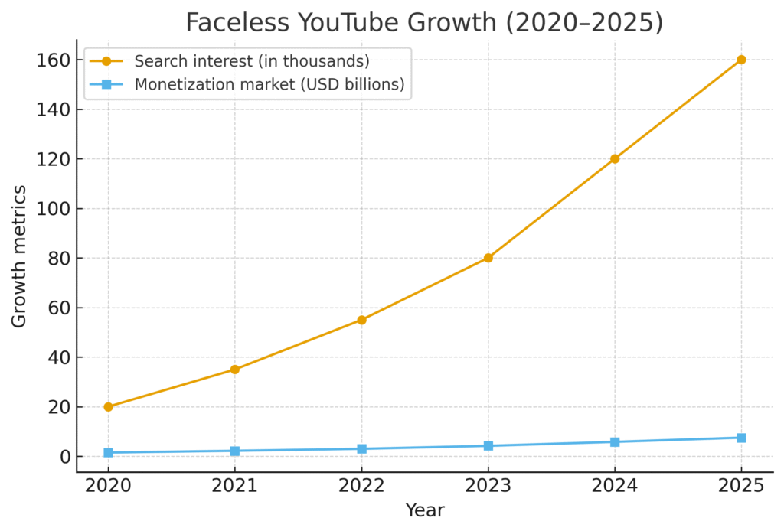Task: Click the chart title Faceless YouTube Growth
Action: pyautogui.click(x=424, y=22)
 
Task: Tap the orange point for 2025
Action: pyautogui.click(x=741, y=60)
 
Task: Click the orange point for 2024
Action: pyautogui.click(x=615, y=159)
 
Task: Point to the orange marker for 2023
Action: pyautogui.click(x=488, y=258)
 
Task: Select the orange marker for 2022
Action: pyautogui.click(x=361, y=320)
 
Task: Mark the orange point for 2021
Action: pyautogui.click(x=235, y=370)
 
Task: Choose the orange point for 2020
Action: pyautogui.click(x=108, y=407)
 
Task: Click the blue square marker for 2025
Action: pyautogui.click(x=741, y=438)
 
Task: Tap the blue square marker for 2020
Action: pyautogui.click(x=108, y=453)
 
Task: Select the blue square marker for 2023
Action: pyautogui.click(x=488, y=446)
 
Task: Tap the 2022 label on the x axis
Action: pyautogui.click(x=361, y=485)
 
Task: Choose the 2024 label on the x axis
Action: pyautogui.click(x=615, y=485)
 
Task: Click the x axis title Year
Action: pyautogui.click(x=424, y=510)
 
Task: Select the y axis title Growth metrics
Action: pyautogui.click(x=19, y=256)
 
